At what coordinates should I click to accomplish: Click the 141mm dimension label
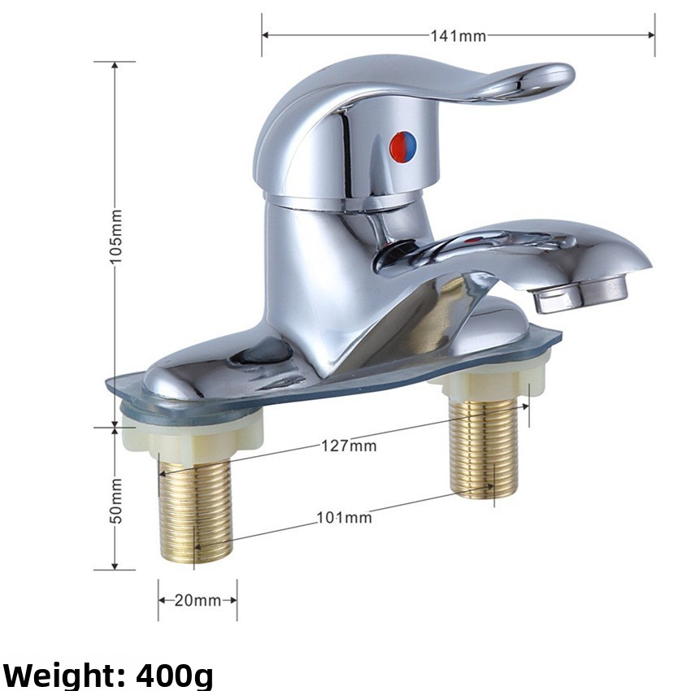pos(458,36)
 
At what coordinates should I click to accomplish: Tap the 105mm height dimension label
pos(115,237)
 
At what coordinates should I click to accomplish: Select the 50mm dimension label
pos(115,501)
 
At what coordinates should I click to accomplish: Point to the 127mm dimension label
pos(349,446)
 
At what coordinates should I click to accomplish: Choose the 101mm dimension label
pos(344,517)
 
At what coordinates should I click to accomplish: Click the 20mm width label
pos(198,600)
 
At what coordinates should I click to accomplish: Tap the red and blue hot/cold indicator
pos(402,146)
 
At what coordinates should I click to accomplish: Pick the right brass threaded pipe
pos(484,446)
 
